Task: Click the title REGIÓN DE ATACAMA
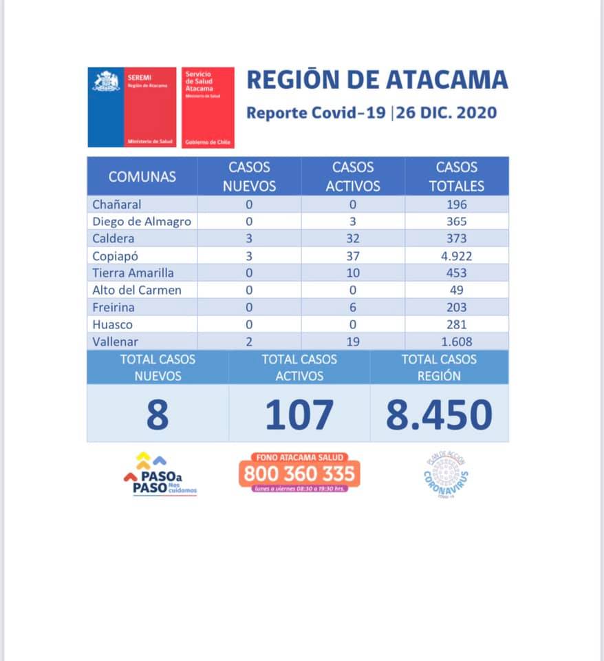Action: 377,80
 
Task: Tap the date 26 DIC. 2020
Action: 446,112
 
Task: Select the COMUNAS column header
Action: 142,176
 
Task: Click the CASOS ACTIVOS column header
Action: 353,176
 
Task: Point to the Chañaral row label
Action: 116,204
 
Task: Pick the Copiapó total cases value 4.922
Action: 456,255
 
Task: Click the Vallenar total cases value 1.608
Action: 456,342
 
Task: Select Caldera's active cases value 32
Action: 353,238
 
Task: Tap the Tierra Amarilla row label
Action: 133,273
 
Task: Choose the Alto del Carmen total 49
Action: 456,290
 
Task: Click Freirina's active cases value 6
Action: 353,307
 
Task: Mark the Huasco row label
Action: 113,324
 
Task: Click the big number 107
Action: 299,415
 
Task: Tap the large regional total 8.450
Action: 439,415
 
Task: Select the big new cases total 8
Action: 158,415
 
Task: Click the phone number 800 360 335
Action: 299,474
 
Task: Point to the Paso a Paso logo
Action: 160,474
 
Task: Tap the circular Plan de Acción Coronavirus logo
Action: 446,474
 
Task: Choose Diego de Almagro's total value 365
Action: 456,222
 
